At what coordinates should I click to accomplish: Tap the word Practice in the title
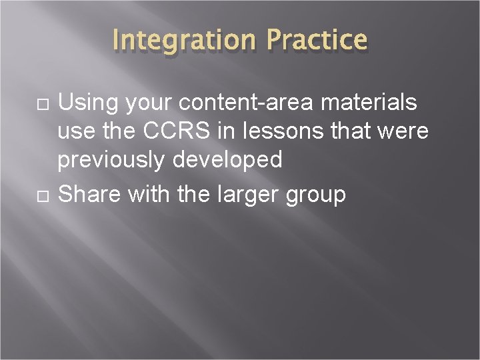tap(317, 40)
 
